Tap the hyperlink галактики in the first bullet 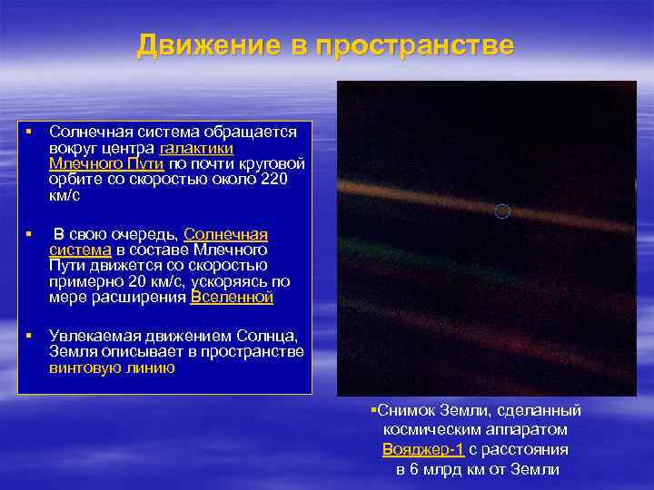197,148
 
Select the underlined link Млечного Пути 106,163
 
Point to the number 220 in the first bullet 274,179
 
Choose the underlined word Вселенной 232,297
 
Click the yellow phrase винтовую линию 112,368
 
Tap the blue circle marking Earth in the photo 501,211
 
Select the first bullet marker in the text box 29,132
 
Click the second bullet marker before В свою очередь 29,234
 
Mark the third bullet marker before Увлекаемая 29,336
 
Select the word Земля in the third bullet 71,352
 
